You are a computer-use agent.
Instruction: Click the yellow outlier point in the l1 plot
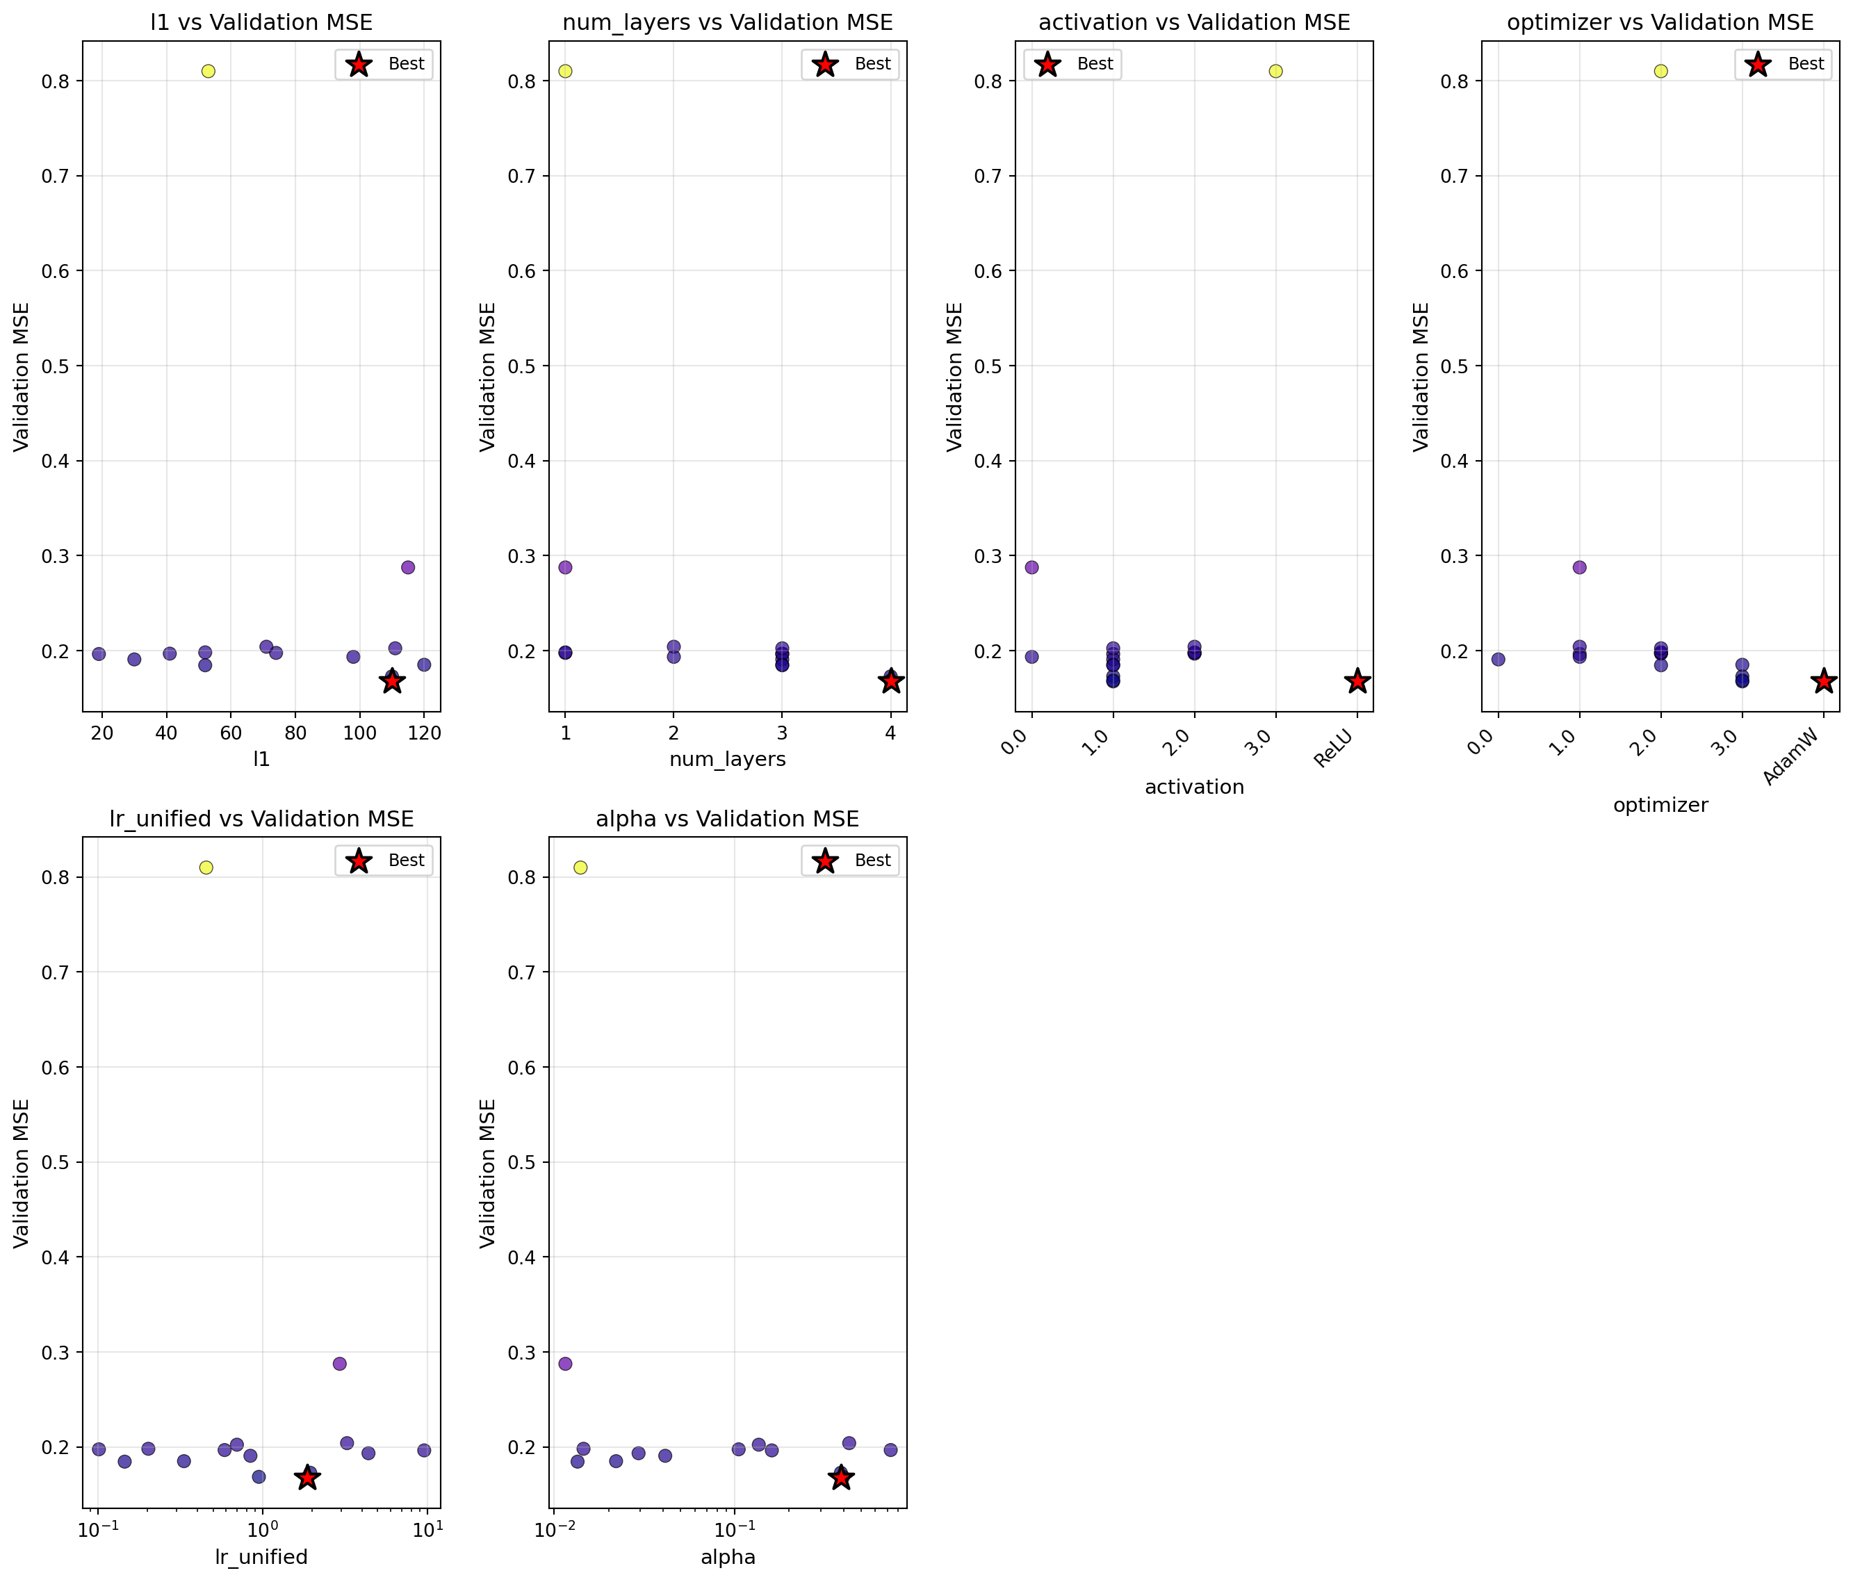coord(209,71)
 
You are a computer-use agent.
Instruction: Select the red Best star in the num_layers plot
coord(891,681)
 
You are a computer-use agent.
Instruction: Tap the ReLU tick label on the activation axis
coord(1336,748)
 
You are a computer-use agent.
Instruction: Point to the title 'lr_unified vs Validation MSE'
coord(261,819)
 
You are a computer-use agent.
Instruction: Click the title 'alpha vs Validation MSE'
coord(727,819)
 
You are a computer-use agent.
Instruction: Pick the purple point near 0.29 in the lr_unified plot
coord(340,1364)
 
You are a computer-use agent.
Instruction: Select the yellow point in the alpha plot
coord(580,867)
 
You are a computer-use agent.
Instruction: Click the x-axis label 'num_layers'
coord(727,759)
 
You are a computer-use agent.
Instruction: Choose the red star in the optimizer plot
coord(1825,681)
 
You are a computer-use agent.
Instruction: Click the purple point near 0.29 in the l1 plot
coord(408,567)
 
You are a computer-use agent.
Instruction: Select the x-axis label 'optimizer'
coord(1660,805)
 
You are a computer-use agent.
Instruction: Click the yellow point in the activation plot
coord(1276,71)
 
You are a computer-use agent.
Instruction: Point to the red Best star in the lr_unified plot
coord(308,1478)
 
